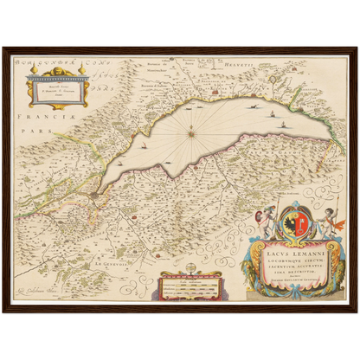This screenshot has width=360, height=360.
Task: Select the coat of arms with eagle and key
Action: (292, 223)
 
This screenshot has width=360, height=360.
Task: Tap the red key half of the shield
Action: (299, 224)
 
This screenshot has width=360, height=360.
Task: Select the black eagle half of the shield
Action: (286, 224)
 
